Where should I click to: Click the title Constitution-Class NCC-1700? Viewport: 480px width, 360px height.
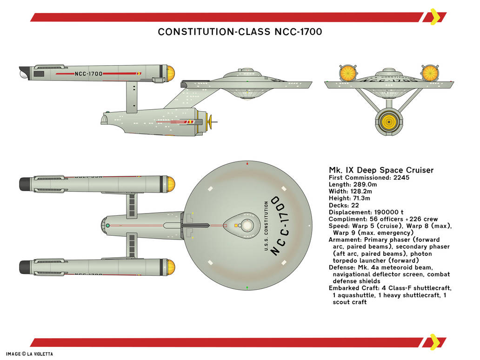click(x=240, y=32)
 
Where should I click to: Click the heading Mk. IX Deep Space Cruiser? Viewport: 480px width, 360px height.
click(x=381, y=170)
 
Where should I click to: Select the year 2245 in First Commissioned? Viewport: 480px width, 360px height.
click(x=400, y=178)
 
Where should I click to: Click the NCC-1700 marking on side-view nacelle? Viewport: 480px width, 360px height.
click(x=88, y=74)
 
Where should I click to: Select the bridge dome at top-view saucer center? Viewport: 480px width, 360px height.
click(x=247, y=226)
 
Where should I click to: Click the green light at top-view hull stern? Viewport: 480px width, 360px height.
click(x=108, y=226)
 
